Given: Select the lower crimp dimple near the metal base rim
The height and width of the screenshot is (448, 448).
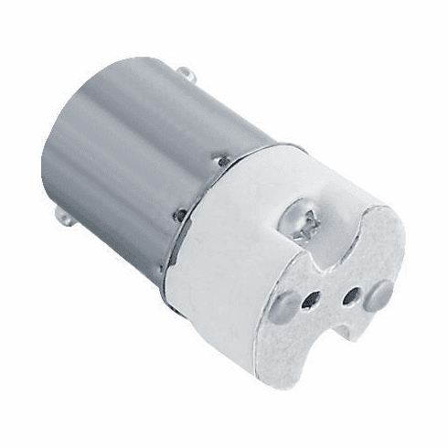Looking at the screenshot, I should pos(180,217).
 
